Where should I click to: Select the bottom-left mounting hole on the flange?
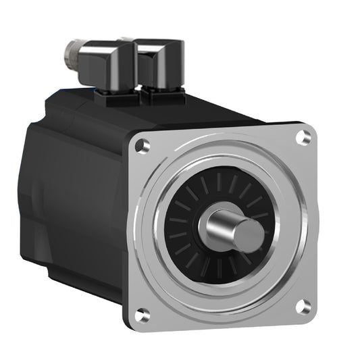click(141, 314)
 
